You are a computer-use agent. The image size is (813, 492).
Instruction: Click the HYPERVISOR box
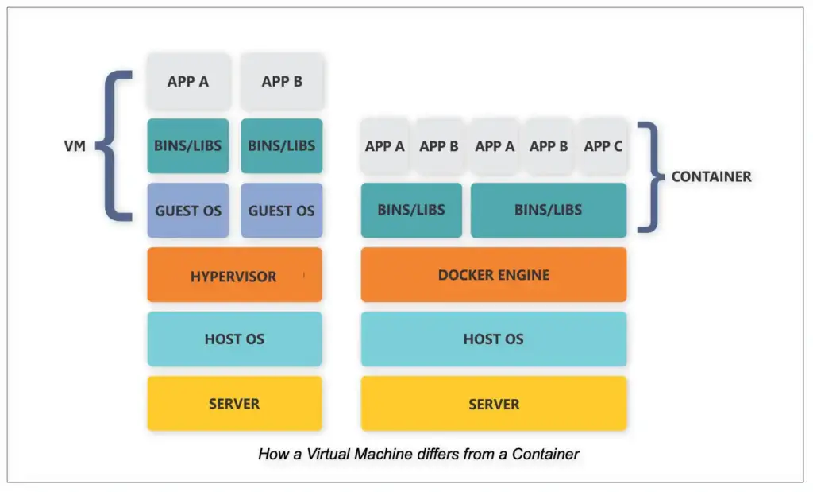(x=234, y=275)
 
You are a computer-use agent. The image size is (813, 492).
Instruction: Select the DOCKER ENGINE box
(x=493, y=275)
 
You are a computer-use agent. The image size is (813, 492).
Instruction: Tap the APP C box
(x=603, y=146)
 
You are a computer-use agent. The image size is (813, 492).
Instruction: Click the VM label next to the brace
(x=75, y=147)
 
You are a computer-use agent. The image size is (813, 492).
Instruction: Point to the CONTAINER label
(x=711, y=176)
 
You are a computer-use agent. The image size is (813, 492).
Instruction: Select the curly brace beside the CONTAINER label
(x=652, y=176)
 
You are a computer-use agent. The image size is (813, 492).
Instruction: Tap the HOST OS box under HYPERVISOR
(x=234, y=339)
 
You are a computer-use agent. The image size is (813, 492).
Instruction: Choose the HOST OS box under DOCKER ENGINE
(x=493, y=339)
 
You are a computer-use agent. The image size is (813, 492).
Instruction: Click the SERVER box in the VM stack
(x=234, y=404)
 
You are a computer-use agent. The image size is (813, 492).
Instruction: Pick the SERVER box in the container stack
(x=493, y=404)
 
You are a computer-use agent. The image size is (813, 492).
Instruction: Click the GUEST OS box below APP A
(x=188, y=211)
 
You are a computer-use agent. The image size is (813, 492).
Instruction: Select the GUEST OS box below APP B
(x=282, y=211)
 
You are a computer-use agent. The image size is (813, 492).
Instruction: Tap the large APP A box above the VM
(x=188, y=81)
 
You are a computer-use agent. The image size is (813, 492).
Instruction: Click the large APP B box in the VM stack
(x=282, y=81)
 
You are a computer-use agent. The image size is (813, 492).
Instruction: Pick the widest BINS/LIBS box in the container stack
(x=548, y=211)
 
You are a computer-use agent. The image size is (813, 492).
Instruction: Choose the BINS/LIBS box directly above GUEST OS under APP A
(x=188, y=145)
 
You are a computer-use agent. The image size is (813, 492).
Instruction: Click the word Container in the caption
(x=545, y=455)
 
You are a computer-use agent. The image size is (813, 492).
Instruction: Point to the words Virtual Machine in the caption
(x=348, y=455)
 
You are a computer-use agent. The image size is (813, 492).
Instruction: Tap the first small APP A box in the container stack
(x=385, y=146)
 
